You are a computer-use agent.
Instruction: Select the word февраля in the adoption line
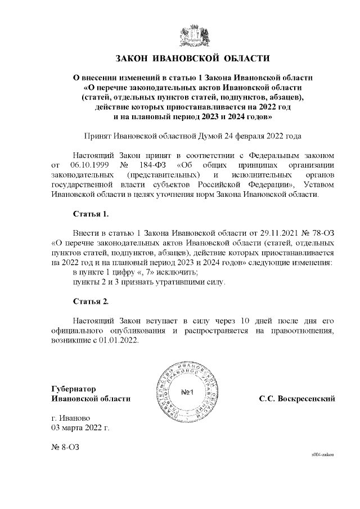click(238, 136)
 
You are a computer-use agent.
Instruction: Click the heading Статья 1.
click(91, 214)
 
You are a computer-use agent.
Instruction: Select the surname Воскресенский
click(307, 399)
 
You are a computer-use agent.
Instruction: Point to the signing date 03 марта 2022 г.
click(80, 427)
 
